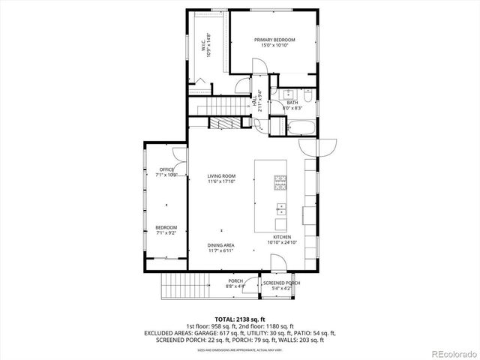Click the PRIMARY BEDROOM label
(274, 43)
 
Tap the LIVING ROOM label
(221, 178)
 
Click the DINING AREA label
(221, 247)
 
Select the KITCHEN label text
(282, 238)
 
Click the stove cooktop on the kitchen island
(280, 180)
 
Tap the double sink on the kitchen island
(280, 208)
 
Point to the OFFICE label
(166, 172)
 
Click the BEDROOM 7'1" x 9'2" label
(166, 229)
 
